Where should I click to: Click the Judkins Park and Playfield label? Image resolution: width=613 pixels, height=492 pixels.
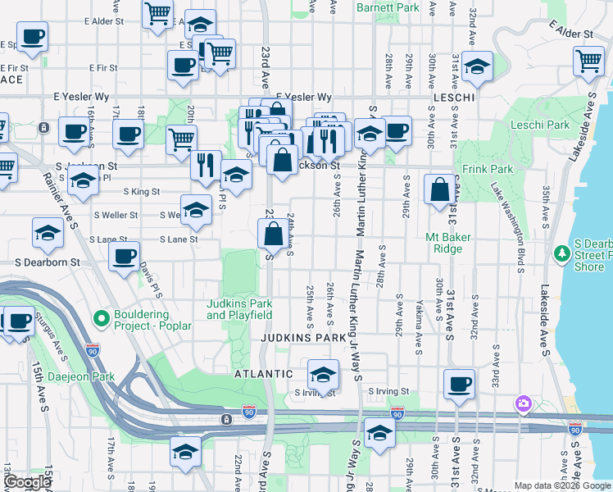tap(239, 309)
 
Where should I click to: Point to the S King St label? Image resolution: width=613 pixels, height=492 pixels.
tap(141, 192)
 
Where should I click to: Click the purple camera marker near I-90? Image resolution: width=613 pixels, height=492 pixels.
tap(522, 403)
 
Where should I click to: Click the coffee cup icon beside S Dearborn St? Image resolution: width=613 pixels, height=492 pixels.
tap(125, 256)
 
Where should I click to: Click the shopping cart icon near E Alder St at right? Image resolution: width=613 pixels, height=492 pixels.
tap(589, 59)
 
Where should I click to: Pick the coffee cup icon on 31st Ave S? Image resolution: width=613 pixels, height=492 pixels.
tap(460, 382)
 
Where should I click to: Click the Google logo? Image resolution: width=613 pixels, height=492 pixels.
tap(27, 482)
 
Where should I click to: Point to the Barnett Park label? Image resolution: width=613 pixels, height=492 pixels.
tap(388, 7)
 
